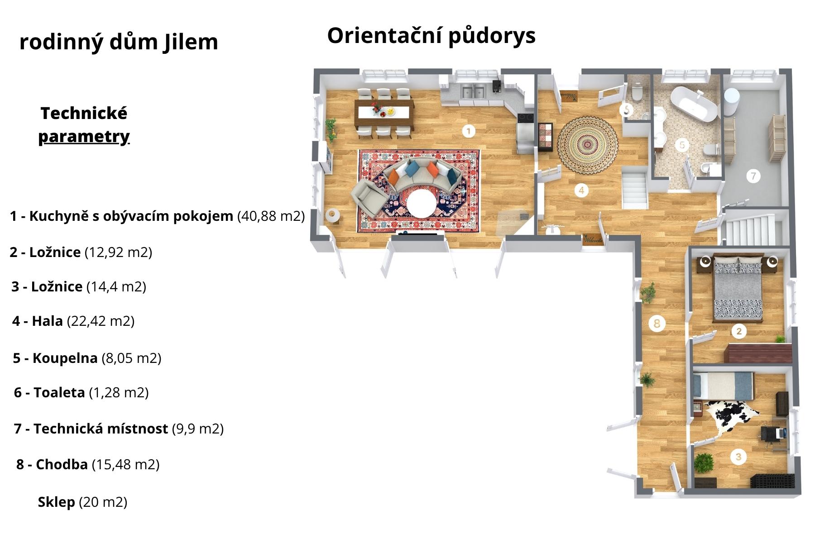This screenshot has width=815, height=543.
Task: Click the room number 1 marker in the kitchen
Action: pyautogui.click(x=469, y=131)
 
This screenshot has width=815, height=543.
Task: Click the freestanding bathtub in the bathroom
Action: pyautogui.click(x=694, y=105)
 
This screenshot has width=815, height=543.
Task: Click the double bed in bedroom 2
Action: pyautogui.click(x=738, y=289)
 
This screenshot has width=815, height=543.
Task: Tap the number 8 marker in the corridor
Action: pyautogui.click(x=657, y=323)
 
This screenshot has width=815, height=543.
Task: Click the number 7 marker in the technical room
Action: pyautogui.click(x=753, y=176)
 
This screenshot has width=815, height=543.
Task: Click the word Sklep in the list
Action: pyautogui.click(x=56, y=502)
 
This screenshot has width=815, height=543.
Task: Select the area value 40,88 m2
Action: pyautogui.click(x=271, y=216)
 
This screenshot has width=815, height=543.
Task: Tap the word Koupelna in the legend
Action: pyautogui.click(x=65, y=358)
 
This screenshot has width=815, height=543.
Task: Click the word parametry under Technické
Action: pyautogui.click(x=84, y=137)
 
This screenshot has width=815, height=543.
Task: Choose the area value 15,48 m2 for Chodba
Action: pyautogui.click(x=125, y=464)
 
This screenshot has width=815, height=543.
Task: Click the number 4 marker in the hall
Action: pyautogui.click(x=581, y=191)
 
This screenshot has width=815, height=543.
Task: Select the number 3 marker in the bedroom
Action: pyautogui.click(x=738, y=457)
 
